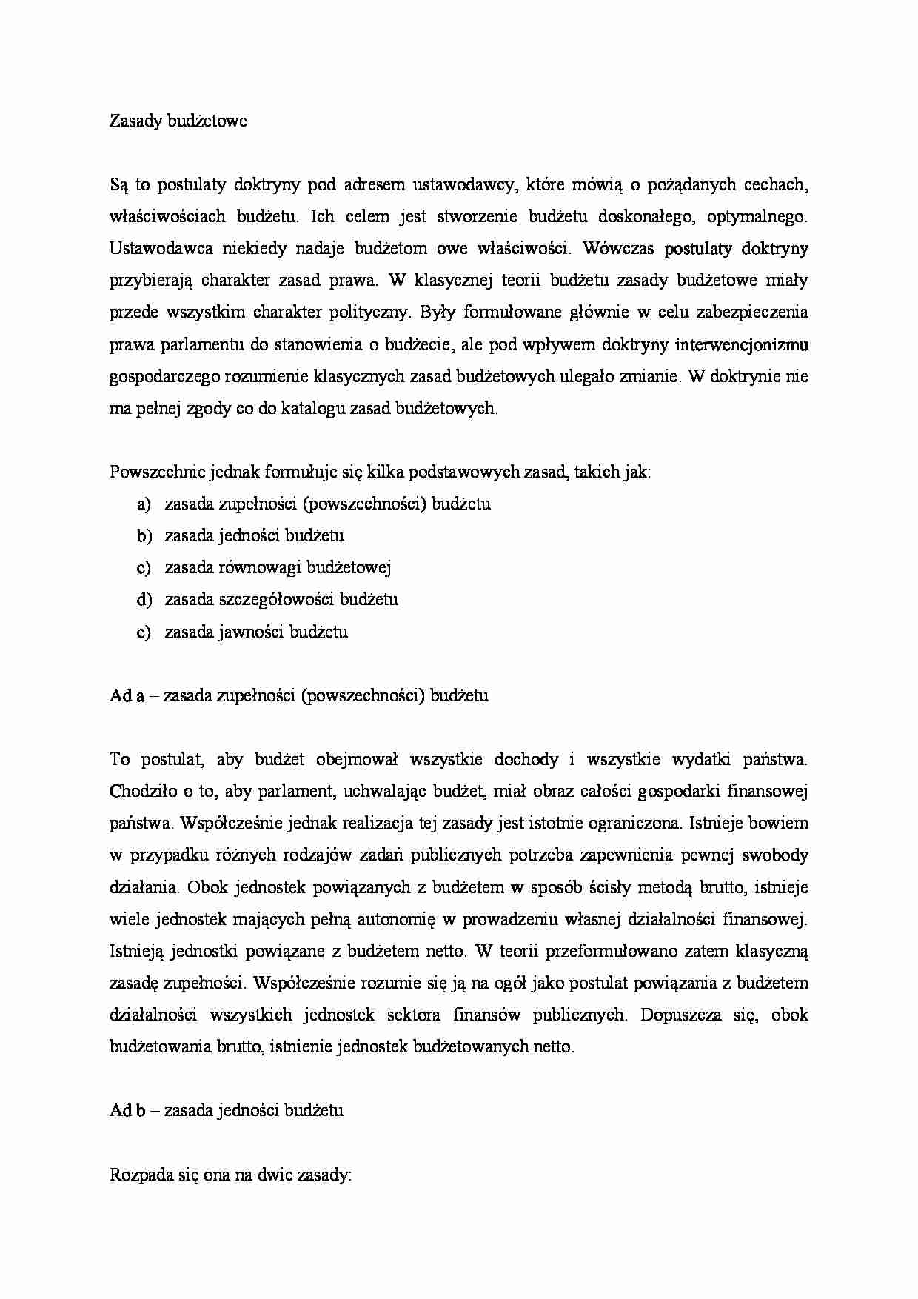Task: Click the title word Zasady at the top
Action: (x=135, y=121)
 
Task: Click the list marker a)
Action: (x=144, y=504)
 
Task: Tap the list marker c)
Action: (x=144, y=568)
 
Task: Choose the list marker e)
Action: (x=144, y=632)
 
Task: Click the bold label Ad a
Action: (x=127, y=696)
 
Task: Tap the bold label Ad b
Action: (x=127, y=1111)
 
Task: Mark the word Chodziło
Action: (x=141, y=792)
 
